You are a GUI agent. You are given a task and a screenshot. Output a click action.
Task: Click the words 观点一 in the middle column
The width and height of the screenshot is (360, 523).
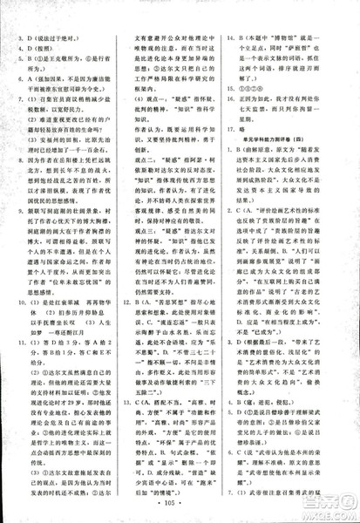pos(149,125)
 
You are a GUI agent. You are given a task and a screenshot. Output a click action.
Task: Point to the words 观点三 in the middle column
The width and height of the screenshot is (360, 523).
pos(149,284)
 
